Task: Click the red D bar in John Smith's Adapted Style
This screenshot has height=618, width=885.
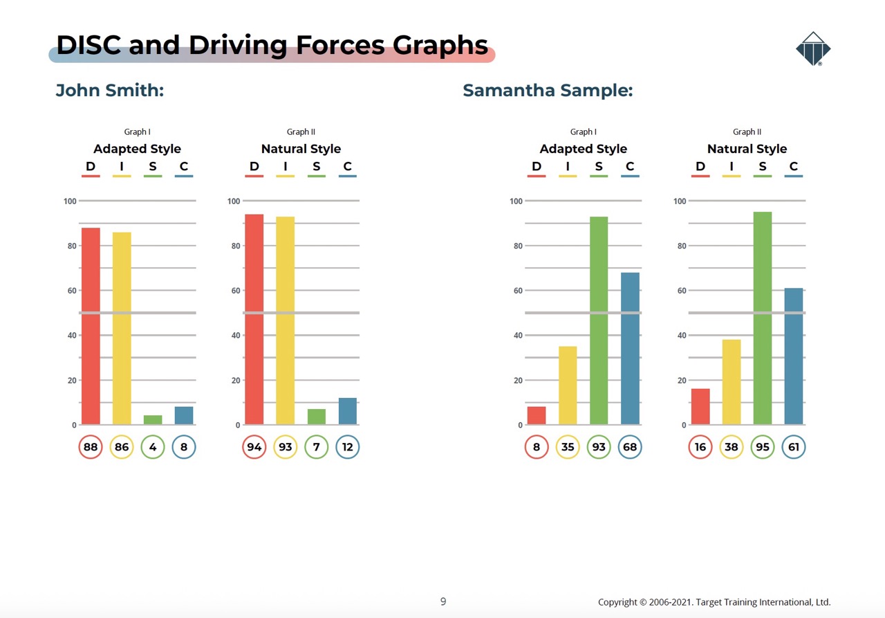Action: coord(91,326)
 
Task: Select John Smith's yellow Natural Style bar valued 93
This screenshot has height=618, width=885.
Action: coord(285,320)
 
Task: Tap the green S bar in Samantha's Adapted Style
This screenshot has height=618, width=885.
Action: coord(599,320)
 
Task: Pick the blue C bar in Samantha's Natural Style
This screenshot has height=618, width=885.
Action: coord(794,356)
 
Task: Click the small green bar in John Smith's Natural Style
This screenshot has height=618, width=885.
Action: coord(317,417)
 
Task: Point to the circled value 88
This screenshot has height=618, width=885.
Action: coord(91,447)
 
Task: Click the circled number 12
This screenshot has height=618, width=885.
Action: coord(348,447)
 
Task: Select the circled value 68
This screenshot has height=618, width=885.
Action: coord(630,447)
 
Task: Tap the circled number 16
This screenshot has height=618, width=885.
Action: coord(700,447)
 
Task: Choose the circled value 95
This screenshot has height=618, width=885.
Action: coord(763,447)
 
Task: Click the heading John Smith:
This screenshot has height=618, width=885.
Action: coord(110,91)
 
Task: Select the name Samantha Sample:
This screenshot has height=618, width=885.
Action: coord(548,91)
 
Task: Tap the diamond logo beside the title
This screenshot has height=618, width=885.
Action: coord(812,49)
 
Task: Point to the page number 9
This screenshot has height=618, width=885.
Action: coord(443,601)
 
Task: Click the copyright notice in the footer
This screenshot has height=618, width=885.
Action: coord(714,602)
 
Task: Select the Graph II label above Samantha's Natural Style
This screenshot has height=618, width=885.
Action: coord(747,132)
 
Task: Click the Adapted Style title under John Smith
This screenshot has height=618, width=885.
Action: coord(137,149)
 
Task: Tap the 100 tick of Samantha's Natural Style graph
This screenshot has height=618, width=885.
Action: coord(680,201)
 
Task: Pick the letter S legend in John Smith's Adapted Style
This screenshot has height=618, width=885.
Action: coord(153,167)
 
